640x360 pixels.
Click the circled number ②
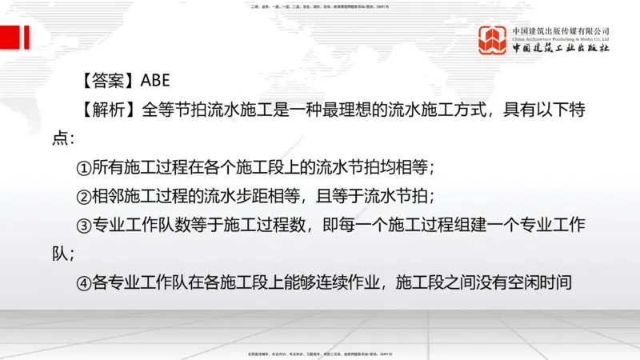pos(85,197)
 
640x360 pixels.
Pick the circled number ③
pos(85,226)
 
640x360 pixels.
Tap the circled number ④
pos(85,282)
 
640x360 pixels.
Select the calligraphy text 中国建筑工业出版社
pos(561,48)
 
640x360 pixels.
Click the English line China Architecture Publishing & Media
pos(561,38)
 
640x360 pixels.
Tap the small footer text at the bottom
pos(320,354)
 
